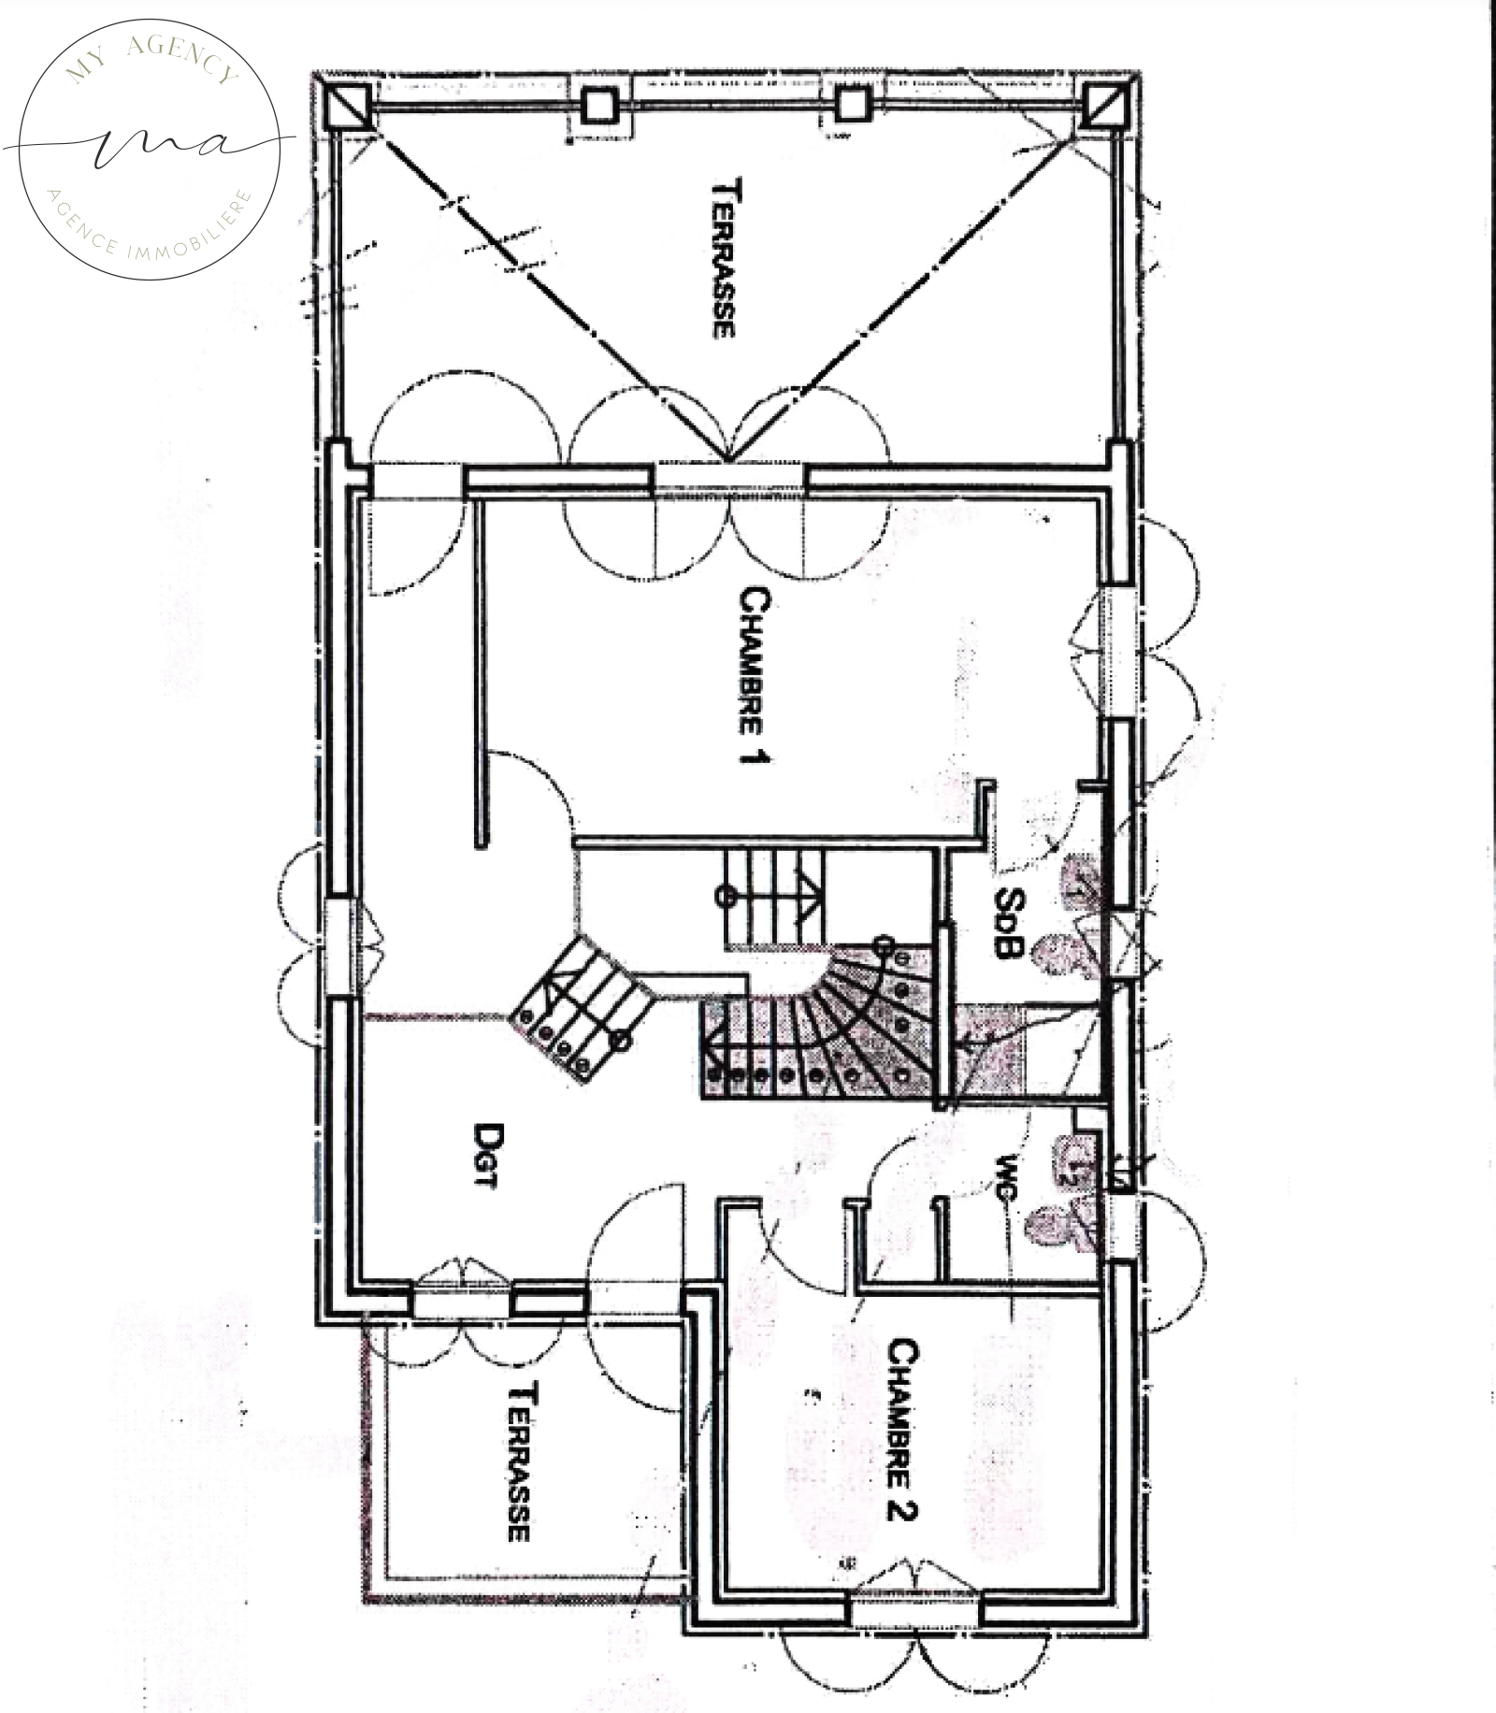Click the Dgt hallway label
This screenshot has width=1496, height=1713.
click(485, 1155)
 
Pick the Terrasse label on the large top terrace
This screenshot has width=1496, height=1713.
click(725, 258)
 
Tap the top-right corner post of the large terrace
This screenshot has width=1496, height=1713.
click(1103, 105)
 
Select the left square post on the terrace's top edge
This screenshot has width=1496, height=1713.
click(598, 107)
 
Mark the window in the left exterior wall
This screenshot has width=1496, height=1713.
click(340, 946)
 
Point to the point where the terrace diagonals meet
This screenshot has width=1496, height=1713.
click(727, 461)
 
